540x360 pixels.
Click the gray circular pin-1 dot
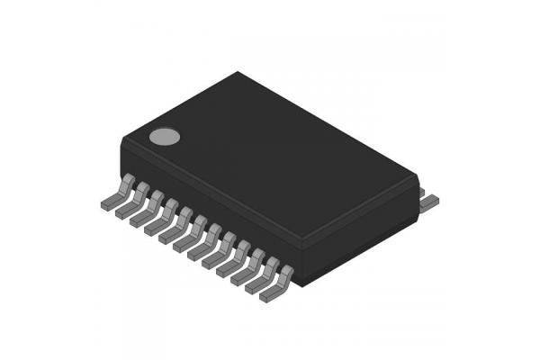(x=164, y=137)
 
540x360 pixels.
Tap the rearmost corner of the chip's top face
(x=238, y=73)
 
